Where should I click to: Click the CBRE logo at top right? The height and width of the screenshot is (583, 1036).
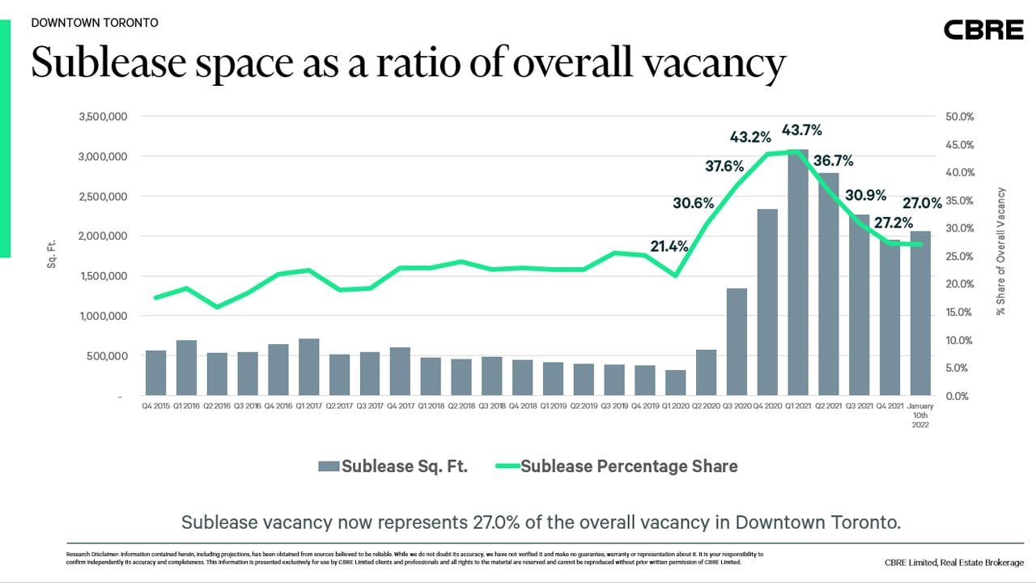point(983,30)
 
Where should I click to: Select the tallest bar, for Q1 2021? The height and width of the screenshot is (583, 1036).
point(797,272)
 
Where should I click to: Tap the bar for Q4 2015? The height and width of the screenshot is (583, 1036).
point(155,373)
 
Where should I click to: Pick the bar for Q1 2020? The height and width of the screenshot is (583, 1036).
point(675,383)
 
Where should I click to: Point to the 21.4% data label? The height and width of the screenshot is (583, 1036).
point(669,246)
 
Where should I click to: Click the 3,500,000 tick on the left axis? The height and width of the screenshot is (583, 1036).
point(103,117)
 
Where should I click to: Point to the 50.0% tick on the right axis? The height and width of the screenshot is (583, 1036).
point(959,117)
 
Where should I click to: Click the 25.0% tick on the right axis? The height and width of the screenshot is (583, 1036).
point(959,257)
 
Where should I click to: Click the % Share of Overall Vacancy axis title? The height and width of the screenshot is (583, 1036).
point(1001,251)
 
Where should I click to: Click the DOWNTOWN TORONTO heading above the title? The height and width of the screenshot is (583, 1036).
point(95,23)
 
